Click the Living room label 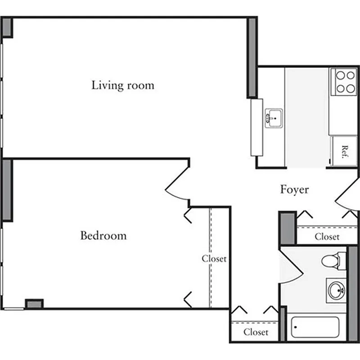click(122, 85)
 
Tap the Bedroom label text click(103, 235)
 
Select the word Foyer click(294, 189)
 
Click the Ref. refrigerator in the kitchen click(344, 152)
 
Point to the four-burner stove click(344, 82)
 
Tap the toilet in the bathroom click(333, 260)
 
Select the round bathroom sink click(336, 290)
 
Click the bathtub click(315, 327)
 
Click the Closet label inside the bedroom click(214, 259)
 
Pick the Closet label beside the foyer click(327, 237)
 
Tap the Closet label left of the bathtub click(256, 332)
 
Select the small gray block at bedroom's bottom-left click(34, 304)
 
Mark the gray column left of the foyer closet click(287, 229)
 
